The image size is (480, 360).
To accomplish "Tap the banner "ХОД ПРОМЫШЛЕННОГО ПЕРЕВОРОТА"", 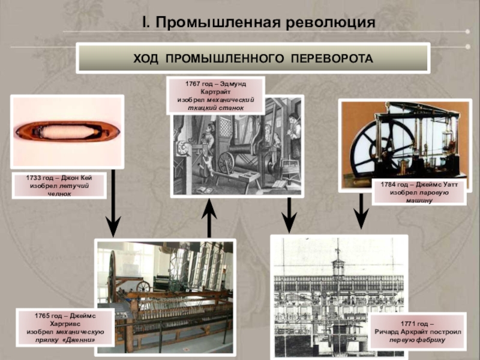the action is point(253,58).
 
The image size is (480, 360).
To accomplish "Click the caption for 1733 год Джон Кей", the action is point(61,186).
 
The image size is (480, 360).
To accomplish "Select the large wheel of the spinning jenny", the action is point(112,276).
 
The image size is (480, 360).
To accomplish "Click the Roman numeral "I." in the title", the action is point(146,23).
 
